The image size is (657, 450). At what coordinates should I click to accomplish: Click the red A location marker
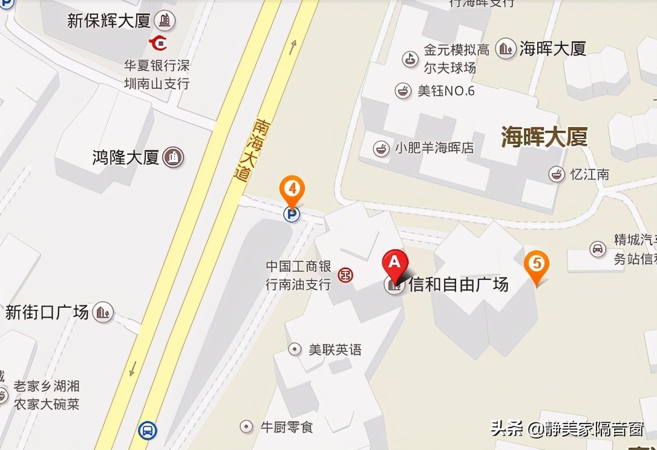(x=394, y=264)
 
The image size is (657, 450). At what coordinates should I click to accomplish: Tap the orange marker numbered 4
(x=292, y=189)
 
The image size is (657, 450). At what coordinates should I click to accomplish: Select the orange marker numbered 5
(x=537, y=264)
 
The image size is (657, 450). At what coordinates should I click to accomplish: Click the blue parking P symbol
(x=292, y=214)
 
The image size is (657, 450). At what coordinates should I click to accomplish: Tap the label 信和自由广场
(x=458, y=284)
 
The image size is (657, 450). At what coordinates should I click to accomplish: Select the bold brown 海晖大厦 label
(x=544, y=137)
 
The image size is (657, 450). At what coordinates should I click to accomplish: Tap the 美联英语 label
(x=335, y=349)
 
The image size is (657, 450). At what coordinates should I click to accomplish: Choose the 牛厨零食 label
(x=286, y=427)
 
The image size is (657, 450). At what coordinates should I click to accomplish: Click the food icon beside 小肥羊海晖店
(x=381, y=148)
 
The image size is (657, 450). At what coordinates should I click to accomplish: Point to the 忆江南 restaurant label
(x=589, y=174)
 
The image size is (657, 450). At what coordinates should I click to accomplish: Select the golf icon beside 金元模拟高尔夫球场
(x=410, y=58)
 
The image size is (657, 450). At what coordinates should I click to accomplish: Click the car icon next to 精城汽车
(x=598, y=248)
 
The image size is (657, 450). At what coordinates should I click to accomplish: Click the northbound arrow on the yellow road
(x=293, y=47)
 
